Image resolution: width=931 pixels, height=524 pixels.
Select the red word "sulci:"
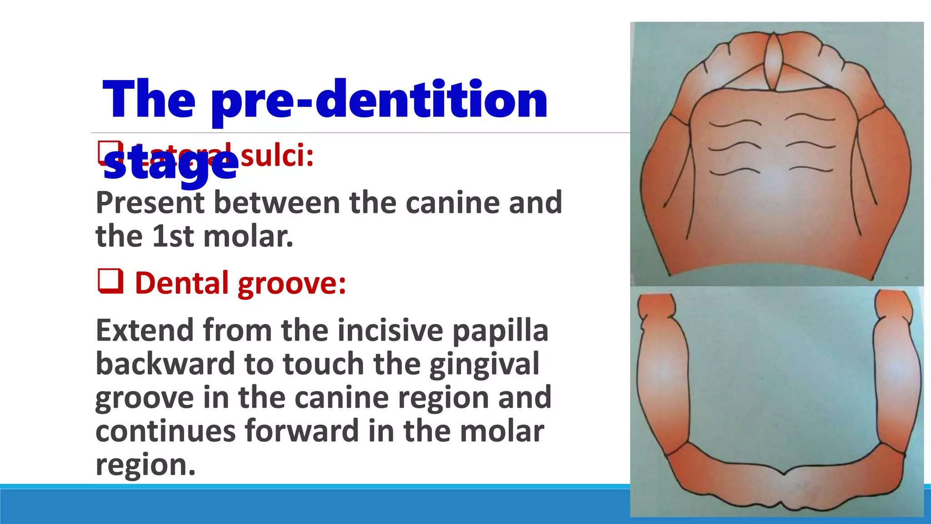[x=277, y=156]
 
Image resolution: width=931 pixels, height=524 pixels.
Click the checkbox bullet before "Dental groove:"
[x=110, y=281]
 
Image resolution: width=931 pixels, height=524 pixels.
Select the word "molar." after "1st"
[x=248, y=236]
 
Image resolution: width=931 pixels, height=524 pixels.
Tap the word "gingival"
[x=484, y=364]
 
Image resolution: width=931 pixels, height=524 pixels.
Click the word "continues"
[x=165, y=431]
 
